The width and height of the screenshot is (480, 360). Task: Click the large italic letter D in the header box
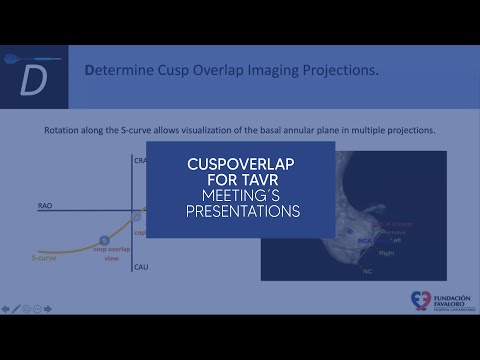33,82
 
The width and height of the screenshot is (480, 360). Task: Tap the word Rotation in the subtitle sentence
66,130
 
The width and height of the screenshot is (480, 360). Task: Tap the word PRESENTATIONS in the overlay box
244,212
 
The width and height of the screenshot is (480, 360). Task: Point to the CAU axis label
141,267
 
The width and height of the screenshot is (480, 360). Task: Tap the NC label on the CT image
367,270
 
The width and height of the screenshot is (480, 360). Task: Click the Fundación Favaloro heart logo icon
418,301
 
